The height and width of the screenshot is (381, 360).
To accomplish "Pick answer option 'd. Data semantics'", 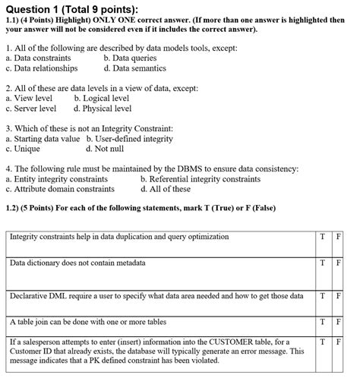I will click(x=135, y=68).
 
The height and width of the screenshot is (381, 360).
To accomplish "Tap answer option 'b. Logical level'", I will click(x=102, y=99).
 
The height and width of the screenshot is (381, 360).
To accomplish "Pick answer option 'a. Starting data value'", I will click(x=43, y=139).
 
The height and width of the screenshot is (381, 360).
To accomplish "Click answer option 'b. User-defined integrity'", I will click(x=130, y=139).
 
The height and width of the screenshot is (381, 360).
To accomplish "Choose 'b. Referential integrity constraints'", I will click(x=200, y=179).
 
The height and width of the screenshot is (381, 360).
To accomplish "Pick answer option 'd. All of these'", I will click(x=166, y=189).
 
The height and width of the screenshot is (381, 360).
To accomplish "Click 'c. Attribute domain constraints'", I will click(x=60, y=189).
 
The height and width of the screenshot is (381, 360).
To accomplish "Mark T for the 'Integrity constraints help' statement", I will click(x=324, y=237).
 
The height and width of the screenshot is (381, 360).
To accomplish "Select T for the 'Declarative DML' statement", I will click(x=324, y=296).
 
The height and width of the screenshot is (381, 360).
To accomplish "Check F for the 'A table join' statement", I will click(x=339, y=322).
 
